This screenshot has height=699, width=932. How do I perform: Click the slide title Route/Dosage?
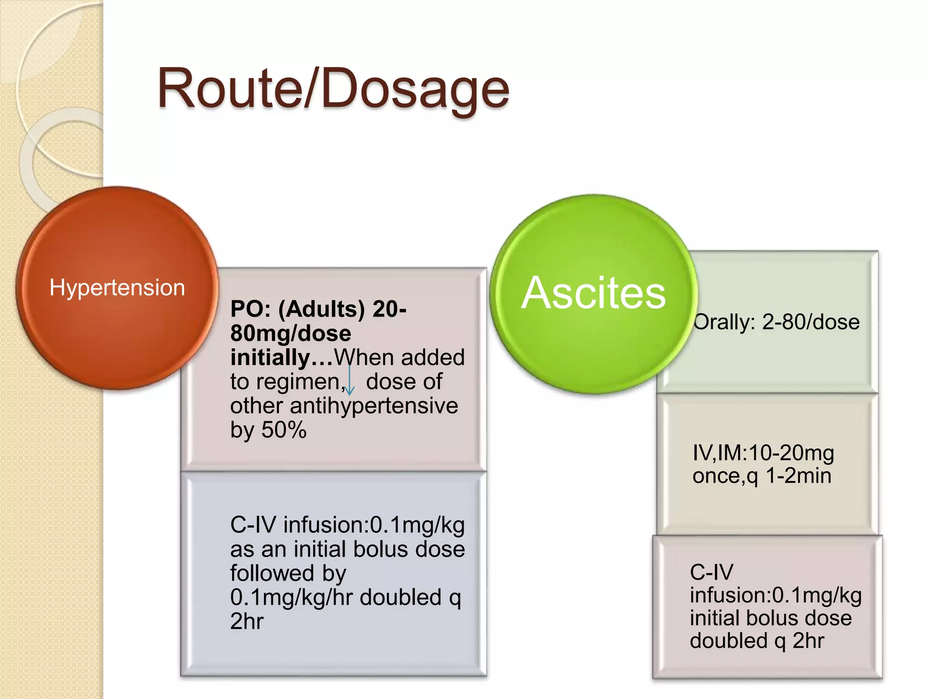tap(333, 89)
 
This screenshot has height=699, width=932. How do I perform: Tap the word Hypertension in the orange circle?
tap(117, 288)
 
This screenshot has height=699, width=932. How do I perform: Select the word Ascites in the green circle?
tap(593, 293)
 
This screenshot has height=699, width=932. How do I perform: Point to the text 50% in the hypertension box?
tap(284, 430)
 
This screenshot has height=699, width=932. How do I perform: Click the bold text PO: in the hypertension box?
tap(250, 309)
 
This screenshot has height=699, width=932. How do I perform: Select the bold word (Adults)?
tap(321, 309)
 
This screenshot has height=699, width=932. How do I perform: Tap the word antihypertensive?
tap(374, 405)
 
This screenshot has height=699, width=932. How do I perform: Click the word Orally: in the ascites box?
tap(724, 322)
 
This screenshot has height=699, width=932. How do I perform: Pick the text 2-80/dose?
tap(811, 322)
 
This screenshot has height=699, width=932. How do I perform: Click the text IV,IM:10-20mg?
tap(763, 453)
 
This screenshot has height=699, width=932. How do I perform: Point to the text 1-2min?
tap(798, 476)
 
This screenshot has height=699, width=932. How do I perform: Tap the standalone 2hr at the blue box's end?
tap(247, 621)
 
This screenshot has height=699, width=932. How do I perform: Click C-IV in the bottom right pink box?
tap(711, 572)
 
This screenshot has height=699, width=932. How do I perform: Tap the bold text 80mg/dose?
tap(290, 333)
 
